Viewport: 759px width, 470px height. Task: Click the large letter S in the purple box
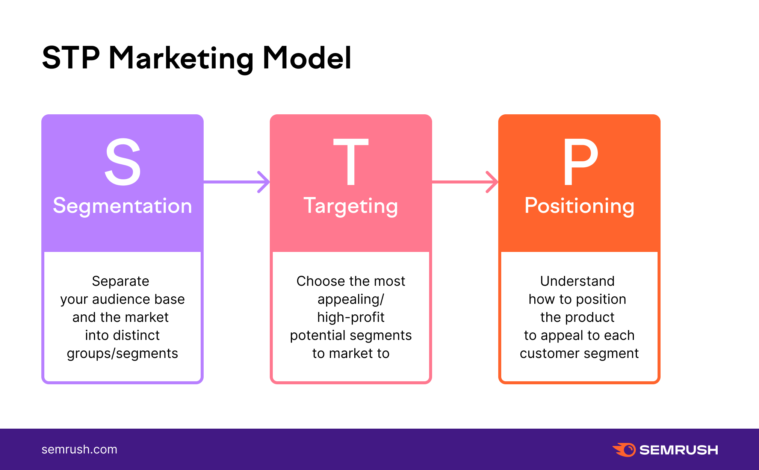[122, 162]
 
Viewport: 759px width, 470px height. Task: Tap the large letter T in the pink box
[351, 162]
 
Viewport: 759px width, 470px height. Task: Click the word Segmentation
[122, 206]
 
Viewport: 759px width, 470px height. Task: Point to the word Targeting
[351, 206]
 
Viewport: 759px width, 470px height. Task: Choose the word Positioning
[579, 206]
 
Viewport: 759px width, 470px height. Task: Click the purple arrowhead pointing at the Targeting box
[265, 182]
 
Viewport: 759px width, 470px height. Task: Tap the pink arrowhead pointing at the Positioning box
[493, 182]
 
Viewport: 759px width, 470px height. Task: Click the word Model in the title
[307, 58]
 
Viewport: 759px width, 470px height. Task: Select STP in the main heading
[71, 58]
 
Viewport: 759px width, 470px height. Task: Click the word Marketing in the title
[181, 58]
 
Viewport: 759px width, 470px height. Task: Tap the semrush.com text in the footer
[79, 449]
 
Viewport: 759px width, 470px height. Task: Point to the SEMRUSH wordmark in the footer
[679, 450]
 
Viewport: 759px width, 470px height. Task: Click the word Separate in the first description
[121, 281]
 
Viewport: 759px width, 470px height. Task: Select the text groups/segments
[122, 353]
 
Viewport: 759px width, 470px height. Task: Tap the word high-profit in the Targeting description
[351, 317]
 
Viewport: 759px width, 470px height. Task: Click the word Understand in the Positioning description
[577, 281]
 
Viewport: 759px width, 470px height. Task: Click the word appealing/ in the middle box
[351, 299]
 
